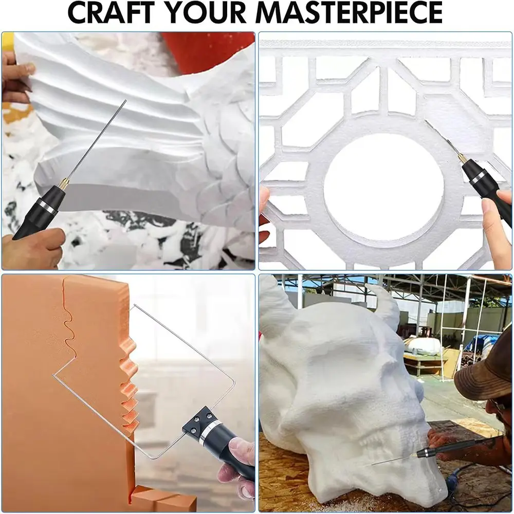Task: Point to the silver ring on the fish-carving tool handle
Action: (x=47, y=206)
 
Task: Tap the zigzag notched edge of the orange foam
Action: (x=130, y=387)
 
